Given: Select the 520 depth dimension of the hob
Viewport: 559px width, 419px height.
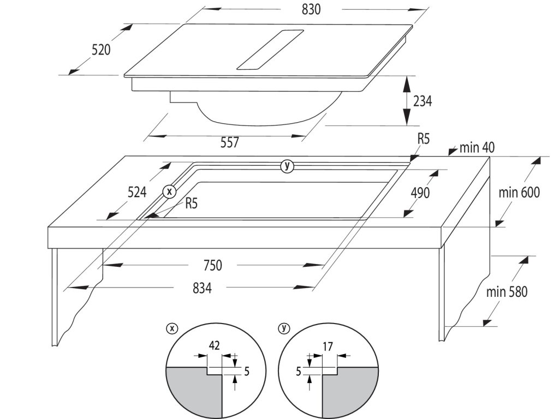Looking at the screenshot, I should [x=101, y=49].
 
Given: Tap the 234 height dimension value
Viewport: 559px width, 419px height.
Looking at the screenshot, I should [x=422, y=101].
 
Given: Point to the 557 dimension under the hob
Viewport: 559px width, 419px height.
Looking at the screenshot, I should [x=230, y=142].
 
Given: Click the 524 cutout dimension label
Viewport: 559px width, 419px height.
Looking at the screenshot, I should [x=136, y=192].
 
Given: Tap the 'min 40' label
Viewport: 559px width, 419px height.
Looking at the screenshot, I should [x=477, y=147].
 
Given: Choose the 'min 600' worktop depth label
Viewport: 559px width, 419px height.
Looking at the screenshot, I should [x=519, y=192].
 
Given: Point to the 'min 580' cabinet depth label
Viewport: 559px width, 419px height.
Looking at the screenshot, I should [x=507, y=292].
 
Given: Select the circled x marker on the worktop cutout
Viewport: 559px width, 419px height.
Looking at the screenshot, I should [x=170, y=191].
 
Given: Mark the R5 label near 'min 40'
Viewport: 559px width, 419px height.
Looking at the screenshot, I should [x=423, y=139].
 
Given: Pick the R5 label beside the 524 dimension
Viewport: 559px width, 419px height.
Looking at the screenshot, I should [x=191, y=205].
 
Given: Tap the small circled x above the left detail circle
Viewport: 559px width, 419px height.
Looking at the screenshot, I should [x=173, y=328].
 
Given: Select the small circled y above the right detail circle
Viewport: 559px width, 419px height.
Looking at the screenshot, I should [x=283, y=328].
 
